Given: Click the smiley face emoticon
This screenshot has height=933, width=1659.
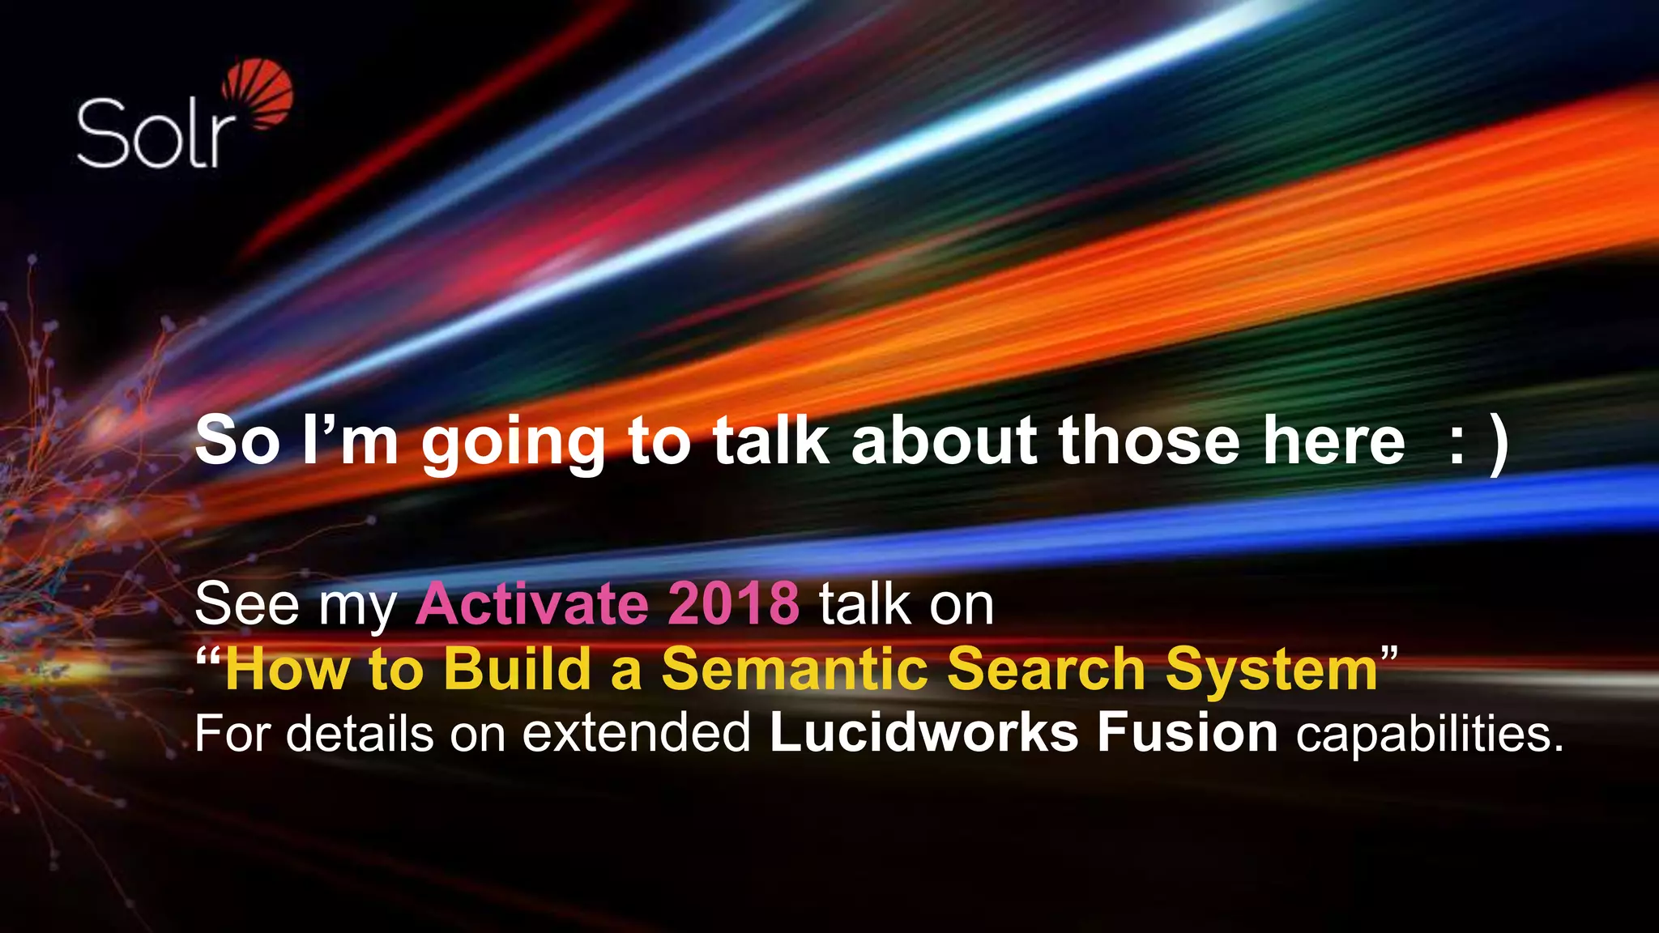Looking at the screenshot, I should [x=1478, y=444].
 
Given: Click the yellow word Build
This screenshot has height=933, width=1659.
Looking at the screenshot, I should [x=517, y=669].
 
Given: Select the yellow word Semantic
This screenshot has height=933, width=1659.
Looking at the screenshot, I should [x=795, y=669].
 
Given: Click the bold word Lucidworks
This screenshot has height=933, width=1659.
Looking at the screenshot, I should [x=923, y=733].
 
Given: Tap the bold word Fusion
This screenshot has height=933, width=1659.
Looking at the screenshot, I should [x=1188, y=733].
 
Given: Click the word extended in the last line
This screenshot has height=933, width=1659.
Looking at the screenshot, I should [x=637, y=733].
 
